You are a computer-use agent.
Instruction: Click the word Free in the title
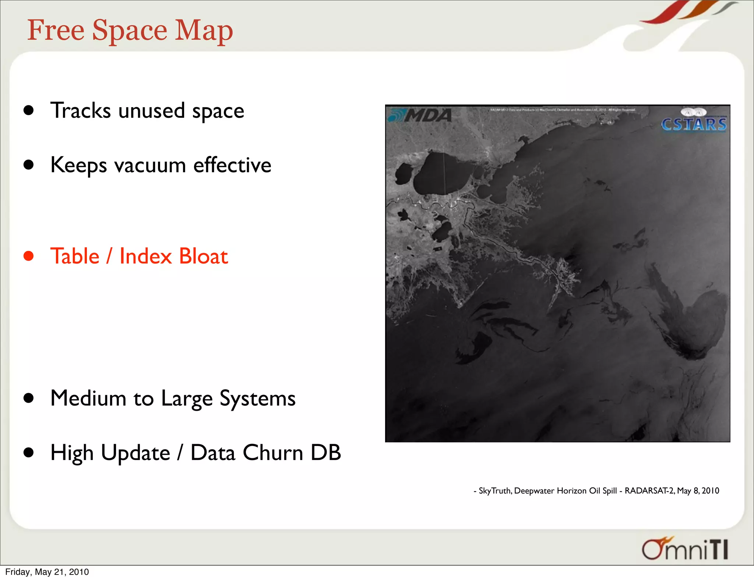click(56, 30)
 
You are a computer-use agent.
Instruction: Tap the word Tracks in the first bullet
click(80, 110)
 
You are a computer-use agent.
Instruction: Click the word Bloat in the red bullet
click(204, 256)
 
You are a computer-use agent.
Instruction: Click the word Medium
click(88, 398)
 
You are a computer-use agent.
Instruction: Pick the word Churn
click(273, 453)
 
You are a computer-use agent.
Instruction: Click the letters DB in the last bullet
click(326, 453)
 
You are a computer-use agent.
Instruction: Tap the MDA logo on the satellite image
click(421, 116)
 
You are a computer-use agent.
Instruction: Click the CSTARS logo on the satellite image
click(694, 122)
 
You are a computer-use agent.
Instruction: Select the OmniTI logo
click(685, 549)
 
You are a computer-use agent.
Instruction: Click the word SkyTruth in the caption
click(495, 491)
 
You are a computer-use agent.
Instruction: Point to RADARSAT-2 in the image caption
click(649, 491)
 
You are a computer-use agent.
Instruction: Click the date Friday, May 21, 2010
click(47, 572)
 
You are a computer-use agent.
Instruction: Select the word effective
click(232, 166)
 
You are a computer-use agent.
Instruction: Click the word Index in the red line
click(146, 256)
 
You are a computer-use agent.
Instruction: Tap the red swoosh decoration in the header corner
click(663, 13)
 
